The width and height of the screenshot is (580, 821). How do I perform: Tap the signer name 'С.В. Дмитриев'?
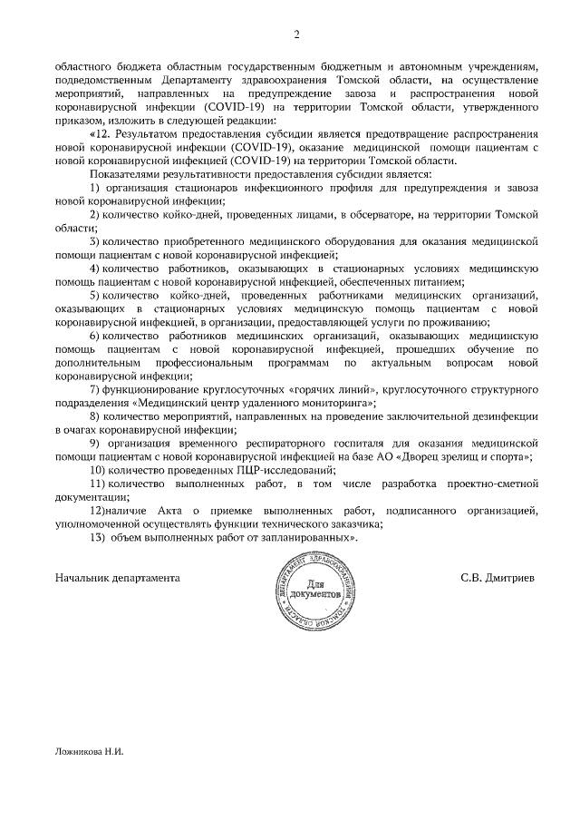[498, 577]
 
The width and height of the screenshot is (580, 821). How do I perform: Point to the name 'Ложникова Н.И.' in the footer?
[88, 751]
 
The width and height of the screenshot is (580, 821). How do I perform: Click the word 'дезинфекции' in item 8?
[507, 416]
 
